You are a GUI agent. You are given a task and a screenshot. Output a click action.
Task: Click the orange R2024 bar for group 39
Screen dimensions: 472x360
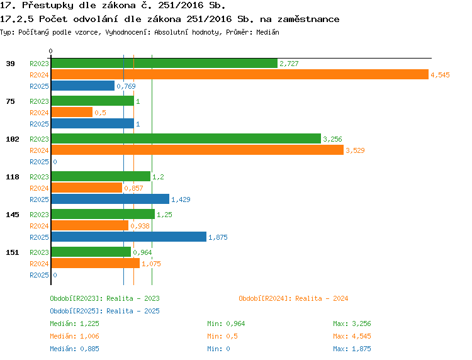(240, 75)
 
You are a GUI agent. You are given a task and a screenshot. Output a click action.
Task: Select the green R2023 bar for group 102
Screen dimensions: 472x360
(186, 138)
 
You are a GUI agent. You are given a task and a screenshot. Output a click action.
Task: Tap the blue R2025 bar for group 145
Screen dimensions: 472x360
(129, 237)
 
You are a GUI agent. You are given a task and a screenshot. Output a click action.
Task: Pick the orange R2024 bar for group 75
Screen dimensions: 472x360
(72, 112)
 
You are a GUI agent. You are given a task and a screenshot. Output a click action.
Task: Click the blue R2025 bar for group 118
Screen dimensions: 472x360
(110, 199)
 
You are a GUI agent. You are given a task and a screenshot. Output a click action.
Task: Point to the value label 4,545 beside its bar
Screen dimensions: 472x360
(440, 75)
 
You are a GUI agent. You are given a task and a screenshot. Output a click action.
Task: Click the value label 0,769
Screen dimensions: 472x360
(126, 86)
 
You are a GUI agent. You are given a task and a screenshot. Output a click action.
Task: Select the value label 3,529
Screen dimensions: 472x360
(355, 150)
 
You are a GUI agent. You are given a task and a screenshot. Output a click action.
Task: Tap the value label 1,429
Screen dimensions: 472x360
(181, 200)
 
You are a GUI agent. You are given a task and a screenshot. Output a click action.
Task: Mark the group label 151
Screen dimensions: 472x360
(13, 252)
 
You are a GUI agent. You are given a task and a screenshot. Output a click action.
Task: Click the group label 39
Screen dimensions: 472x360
(11, 64)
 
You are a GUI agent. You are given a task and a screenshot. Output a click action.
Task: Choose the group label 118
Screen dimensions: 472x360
(13, 177)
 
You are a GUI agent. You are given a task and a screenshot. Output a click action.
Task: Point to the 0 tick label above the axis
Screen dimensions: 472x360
(50, 51)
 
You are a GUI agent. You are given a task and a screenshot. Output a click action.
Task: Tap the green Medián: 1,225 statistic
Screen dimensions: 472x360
(74, 323)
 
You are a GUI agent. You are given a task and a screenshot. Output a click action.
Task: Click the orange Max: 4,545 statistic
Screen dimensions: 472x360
(352, 336)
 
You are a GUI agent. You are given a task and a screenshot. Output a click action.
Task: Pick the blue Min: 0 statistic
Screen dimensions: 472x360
(218, 349)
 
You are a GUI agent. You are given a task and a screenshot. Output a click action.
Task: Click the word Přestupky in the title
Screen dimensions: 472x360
(48, 6)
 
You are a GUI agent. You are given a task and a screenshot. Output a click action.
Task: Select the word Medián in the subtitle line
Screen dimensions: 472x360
(267, 32)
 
